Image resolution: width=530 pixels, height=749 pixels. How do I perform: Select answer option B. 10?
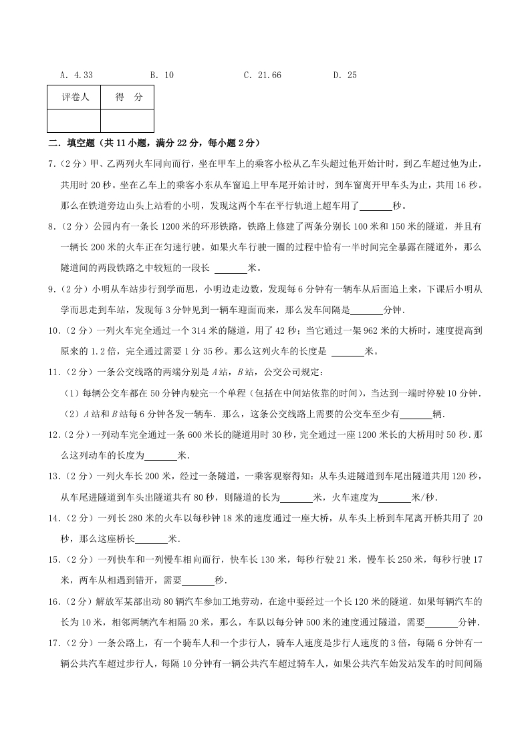point(162,75)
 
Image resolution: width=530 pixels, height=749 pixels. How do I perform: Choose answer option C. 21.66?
point(262,75)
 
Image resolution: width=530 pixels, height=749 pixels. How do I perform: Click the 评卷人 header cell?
point(74,97)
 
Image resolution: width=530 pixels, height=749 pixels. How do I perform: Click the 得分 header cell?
point(128,97)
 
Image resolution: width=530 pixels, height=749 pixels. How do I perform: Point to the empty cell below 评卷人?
point(74,120)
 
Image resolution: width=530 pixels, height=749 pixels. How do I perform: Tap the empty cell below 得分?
point(128,120)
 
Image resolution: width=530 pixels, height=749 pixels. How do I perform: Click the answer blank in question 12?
point(161,456)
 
